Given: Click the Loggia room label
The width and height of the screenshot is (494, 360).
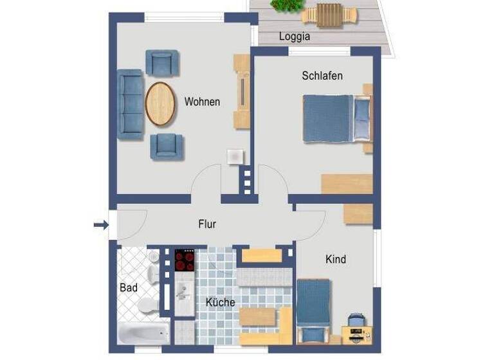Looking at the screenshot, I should (294, 37).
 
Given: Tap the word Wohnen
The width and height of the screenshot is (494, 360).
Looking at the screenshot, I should (202, 102).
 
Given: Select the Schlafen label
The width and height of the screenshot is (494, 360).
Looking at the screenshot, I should (322, 76).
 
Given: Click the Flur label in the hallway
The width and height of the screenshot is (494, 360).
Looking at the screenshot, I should (206, 224).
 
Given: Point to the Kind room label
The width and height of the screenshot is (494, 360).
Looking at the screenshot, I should (335, 259).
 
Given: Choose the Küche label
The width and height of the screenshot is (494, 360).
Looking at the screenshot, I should (220, 302).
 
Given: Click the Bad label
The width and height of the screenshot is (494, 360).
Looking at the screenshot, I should (129, 288).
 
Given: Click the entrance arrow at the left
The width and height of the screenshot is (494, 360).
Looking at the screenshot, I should (101, 224).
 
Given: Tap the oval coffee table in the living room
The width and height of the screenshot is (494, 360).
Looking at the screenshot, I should (160, 104).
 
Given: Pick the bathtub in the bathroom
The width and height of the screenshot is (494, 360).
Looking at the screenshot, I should (143, 334).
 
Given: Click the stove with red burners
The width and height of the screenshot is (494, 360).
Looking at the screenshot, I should (185, 261).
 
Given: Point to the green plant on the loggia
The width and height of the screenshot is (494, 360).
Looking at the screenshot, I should (286, 5).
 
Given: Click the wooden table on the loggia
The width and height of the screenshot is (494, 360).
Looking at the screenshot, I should (329, 14).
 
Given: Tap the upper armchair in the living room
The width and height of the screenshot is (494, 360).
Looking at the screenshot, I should (160, 63).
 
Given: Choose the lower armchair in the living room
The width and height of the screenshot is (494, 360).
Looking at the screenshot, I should (167, 146).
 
